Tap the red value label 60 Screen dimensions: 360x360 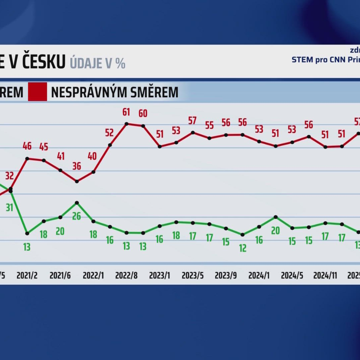coord(143,113)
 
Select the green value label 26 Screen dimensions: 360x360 coord(76,216)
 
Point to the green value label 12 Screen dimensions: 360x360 coord(243,247)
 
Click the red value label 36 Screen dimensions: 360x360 coord(76,166)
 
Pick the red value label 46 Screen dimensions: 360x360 coord(27,146)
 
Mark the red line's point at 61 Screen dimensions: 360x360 coord(126,124)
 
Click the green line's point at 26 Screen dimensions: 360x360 coord(77,203)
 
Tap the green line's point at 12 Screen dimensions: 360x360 coord(243,234)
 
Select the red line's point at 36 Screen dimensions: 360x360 coord(77,181)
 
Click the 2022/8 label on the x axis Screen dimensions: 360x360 coord(126,275)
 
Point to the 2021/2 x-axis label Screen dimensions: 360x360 coord(27,275)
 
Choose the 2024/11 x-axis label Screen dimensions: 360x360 coord(325,275)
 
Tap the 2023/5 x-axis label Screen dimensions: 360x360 coord(193,275)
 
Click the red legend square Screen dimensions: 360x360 coord(37,92)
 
